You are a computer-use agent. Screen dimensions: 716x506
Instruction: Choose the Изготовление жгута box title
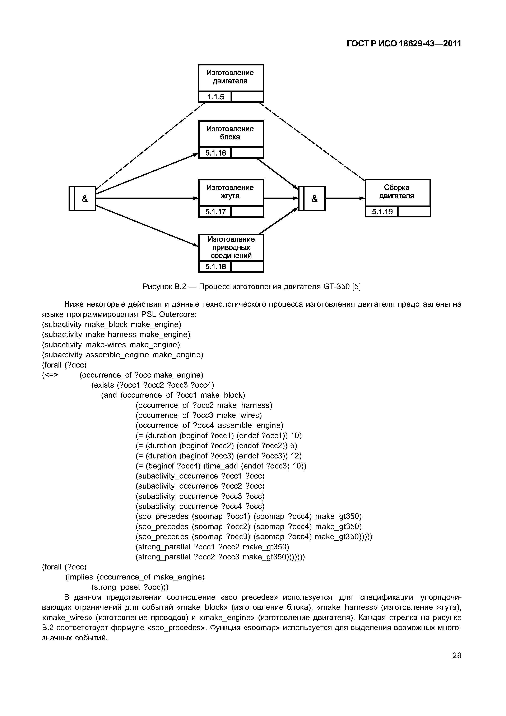tap(231, 192)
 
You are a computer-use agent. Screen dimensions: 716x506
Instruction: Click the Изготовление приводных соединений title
tap(231, 247)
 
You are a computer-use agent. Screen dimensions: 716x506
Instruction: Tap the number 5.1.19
tap(382, 212)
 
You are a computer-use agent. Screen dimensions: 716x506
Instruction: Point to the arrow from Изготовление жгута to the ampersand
tap(281, 198)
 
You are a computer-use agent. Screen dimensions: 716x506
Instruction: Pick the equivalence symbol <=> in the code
tap(50, 375)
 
